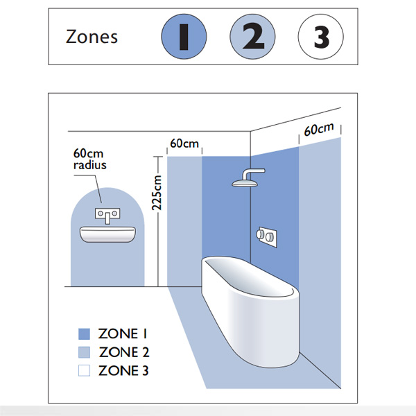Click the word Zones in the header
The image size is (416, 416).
coord(92,36)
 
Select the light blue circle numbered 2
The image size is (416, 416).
coord(253,37)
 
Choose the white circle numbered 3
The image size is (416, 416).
coord(320,37)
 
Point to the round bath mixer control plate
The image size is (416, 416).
coord(268,236)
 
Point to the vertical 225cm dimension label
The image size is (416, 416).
coord(157,192)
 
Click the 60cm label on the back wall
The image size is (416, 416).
coord(184,144)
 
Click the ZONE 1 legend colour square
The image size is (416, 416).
coord(85,334)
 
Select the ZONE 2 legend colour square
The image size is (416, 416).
coord(85,352)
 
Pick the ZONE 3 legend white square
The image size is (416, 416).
coord(85,370)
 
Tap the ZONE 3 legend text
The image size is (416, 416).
coord(124,370)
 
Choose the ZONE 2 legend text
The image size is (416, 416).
coord(124,352)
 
